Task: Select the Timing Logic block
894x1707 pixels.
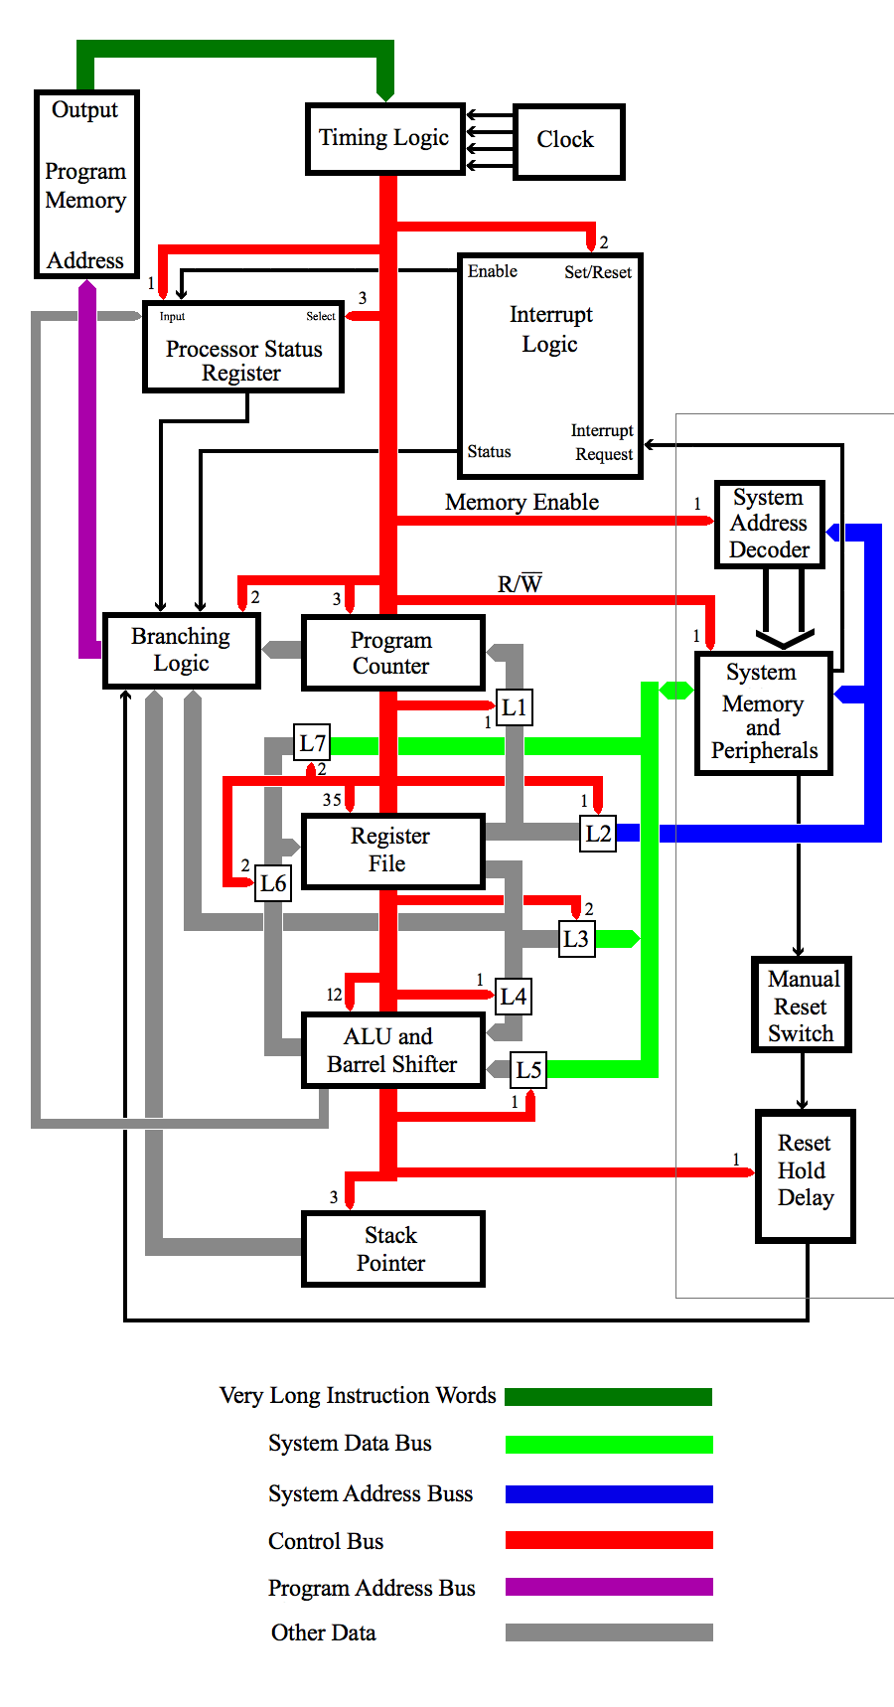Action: coord(385,139)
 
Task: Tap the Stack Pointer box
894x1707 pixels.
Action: coord(392,1249)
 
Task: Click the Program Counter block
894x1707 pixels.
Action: coord(392,653)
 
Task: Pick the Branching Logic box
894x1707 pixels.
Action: coord(182,650)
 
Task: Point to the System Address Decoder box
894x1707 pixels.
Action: coord(770,524)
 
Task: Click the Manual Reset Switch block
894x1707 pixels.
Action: coord(802,1006)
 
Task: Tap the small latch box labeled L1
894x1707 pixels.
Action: coord(514,707)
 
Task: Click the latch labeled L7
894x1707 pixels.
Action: coord(313,743)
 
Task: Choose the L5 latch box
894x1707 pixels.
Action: coord(528,1070)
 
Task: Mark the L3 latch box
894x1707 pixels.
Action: coord(576,939)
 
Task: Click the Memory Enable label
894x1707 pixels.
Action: coord(521,503)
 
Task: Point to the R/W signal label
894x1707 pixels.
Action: coord(520,584)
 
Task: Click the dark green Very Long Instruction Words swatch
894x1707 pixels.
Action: coord(608,1397)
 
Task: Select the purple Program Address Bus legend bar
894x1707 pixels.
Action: coord(608,1587)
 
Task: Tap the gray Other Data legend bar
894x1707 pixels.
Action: coord(608,1632)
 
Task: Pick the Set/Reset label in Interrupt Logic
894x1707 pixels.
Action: coord(598,272)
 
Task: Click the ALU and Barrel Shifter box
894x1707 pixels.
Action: coord(392,1050)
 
